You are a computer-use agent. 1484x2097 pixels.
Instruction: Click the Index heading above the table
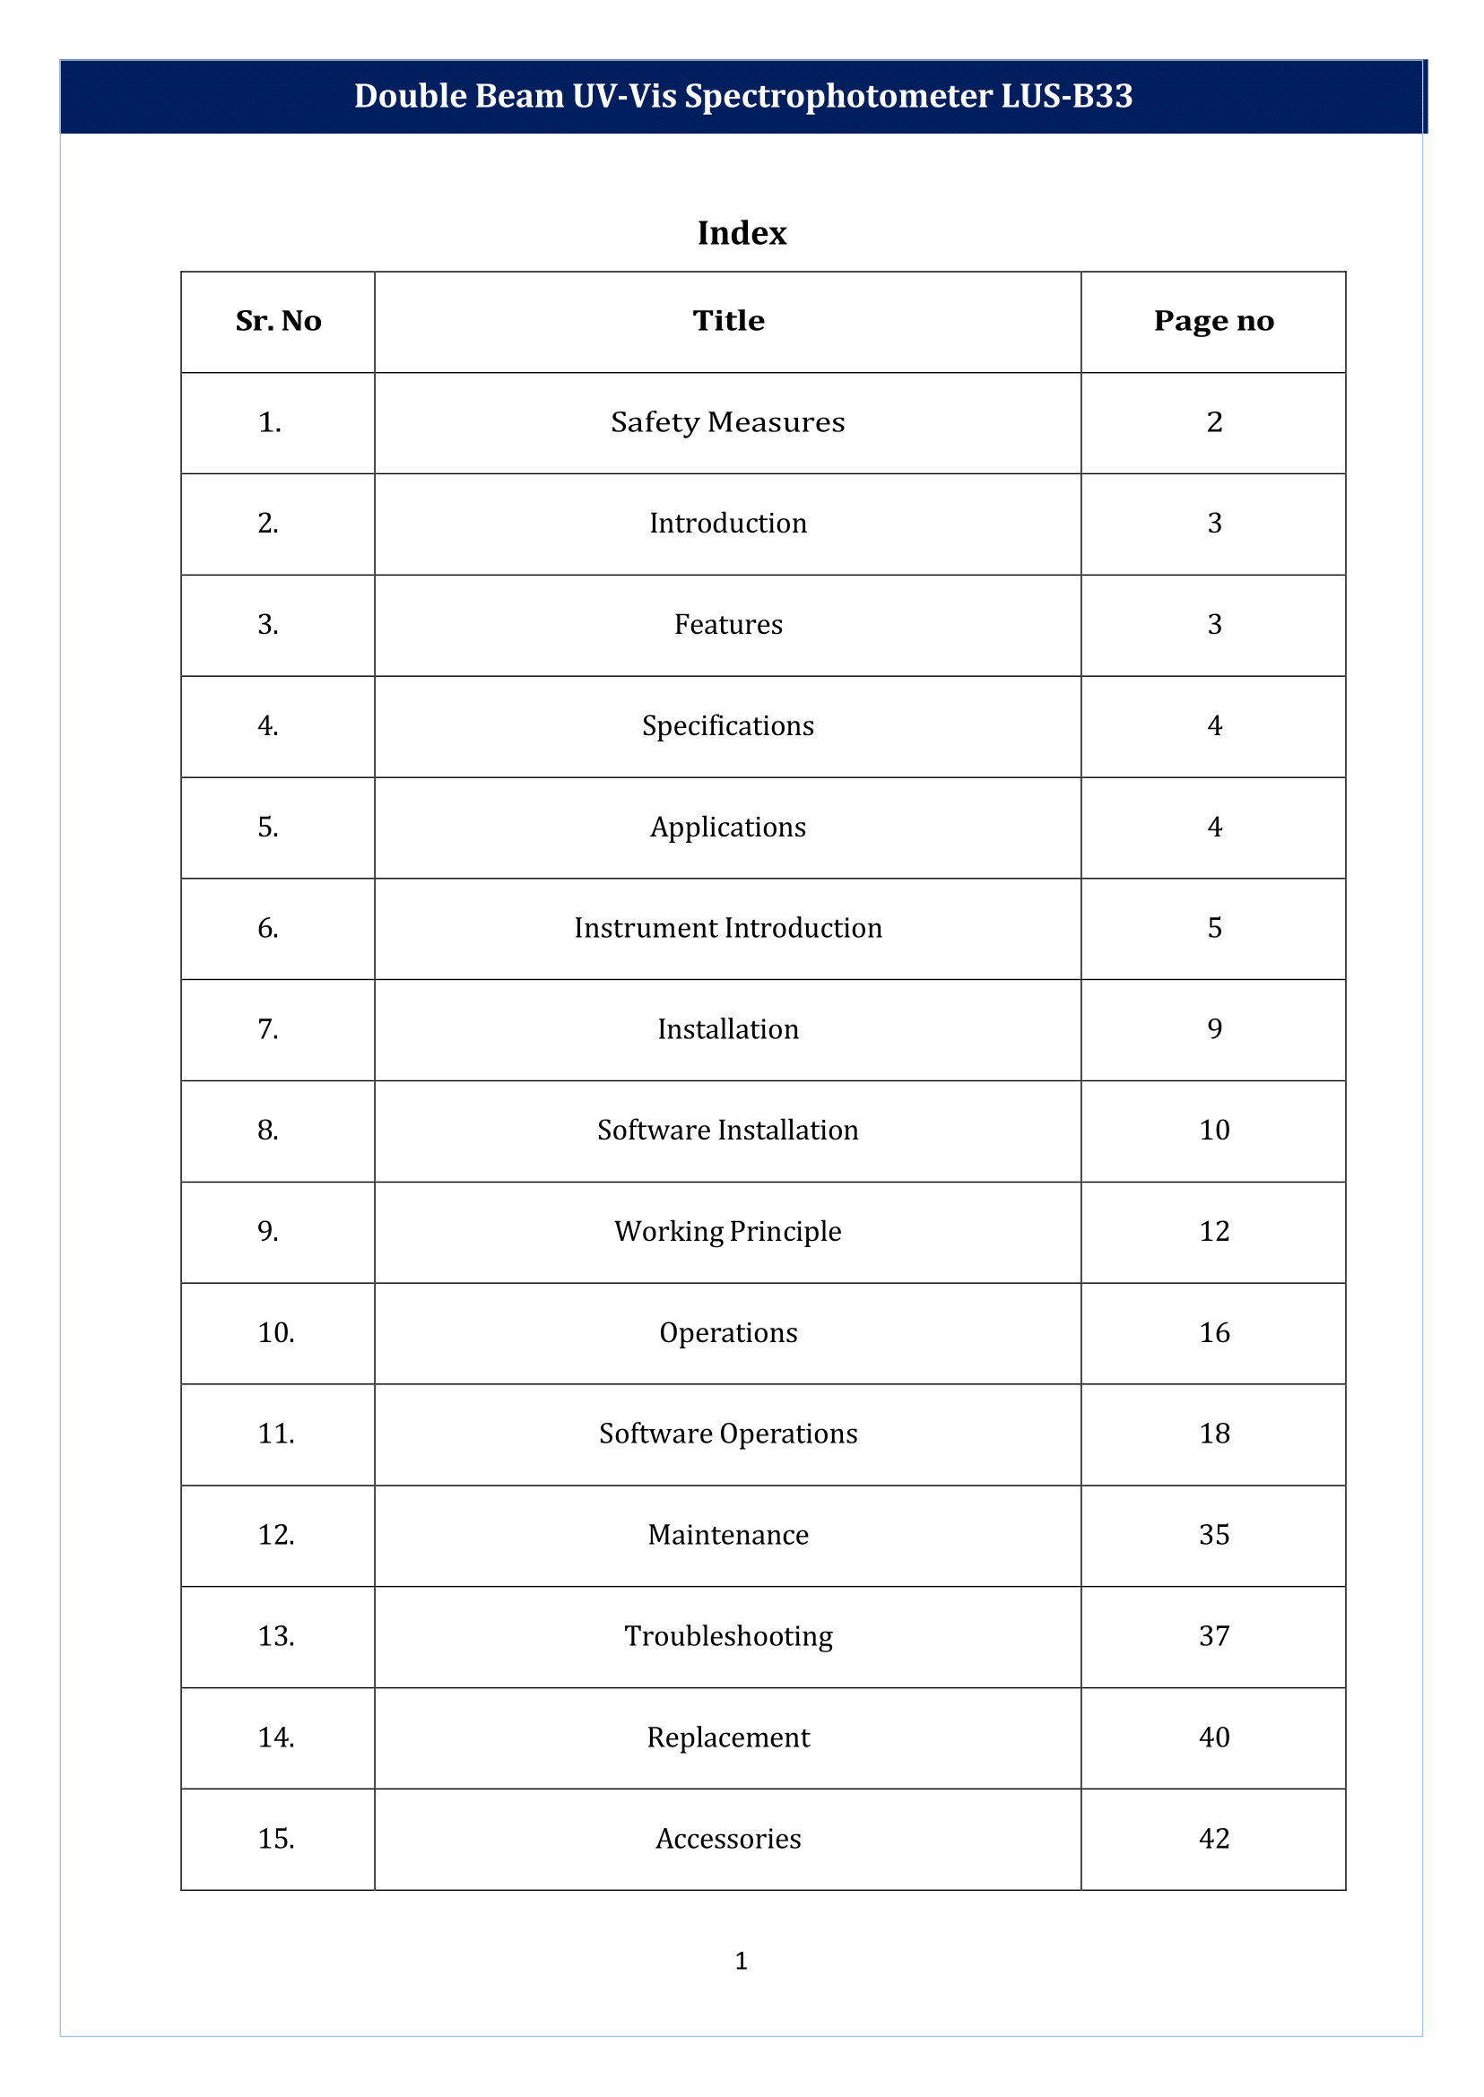pyautogui.click(x=741, y=233)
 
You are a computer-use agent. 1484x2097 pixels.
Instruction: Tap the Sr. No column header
pyautogui.click(x=278, y=321)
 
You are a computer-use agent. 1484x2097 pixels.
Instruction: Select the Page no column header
pyautogui.click(x=1212, y=321)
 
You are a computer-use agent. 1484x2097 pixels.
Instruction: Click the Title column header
pyautogui.click(x=727, y=321)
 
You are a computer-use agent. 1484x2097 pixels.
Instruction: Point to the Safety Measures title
pyautogui.click(x=727, y=422)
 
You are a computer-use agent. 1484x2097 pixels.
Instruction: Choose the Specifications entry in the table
pyautogui.click(x=727, y=725)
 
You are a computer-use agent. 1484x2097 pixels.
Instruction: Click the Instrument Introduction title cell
pyautogui.click(x=727, y=927)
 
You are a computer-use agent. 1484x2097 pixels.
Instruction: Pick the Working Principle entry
pyautogui.click(x=727, y=1231)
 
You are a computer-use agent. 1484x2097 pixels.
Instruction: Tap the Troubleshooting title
pyautogui.click(x=727, y=1635)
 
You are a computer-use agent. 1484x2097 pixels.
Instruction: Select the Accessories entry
pyautogui.click(x=727, y=1839)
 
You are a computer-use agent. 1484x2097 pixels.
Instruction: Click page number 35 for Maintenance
pyautogui.click(x=1213, y=1534)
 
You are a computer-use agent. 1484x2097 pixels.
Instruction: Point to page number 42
pyautogui.click(x=1213, y=1839)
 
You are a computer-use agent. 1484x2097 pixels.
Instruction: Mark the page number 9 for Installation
pyautogui.click(x=1213, y=1029)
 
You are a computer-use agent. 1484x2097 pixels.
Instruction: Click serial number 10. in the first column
pyautogui.click(x=276, y=1332)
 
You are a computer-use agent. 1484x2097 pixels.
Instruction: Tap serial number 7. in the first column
pyautogui.click(x=268, y=1029)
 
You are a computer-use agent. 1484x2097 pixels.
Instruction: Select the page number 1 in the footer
pyautogui.click(x=741, y=1961)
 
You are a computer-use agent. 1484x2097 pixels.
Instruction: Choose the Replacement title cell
pyautogui.click(x=727, y=1737)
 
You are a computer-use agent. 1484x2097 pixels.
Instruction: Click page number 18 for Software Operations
pyautogui.click(x=1213, y=1433)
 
